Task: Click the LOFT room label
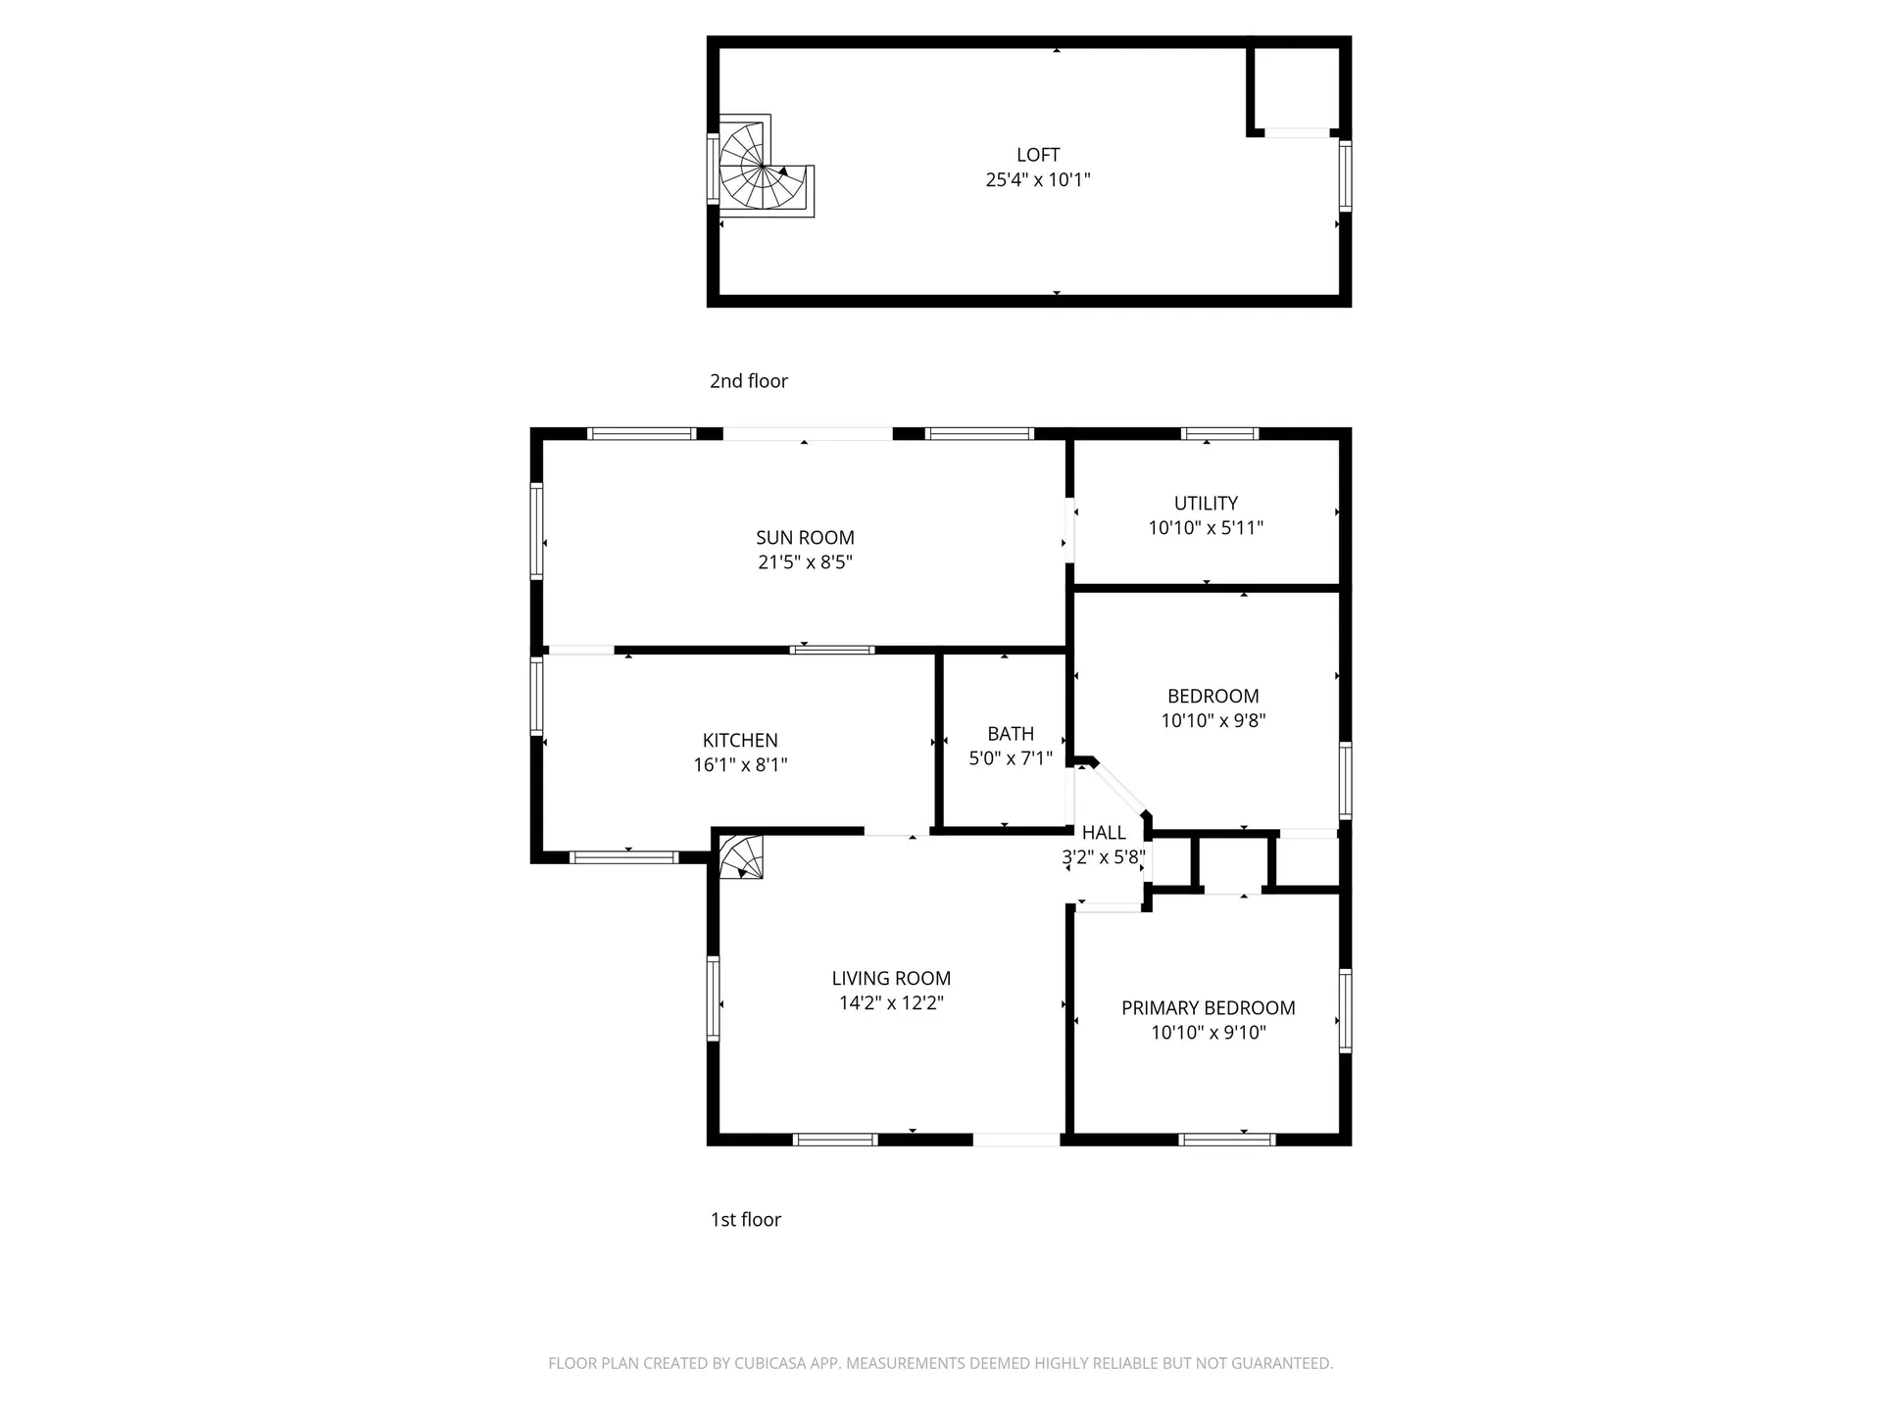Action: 1038,155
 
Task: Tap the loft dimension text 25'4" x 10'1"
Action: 1038,179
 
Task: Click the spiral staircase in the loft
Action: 766,168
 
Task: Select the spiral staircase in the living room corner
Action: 741,856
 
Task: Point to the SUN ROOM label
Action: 805,538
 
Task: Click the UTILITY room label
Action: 1206,503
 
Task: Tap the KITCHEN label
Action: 740,741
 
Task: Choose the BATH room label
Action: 1011,734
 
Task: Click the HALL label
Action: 1104,833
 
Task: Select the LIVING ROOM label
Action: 891,978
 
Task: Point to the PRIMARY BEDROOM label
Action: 1208,1008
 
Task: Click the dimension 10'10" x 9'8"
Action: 1213,721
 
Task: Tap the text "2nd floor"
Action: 749,381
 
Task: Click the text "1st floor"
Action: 746,1220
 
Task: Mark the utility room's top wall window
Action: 1219,433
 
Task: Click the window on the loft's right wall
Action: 1345,175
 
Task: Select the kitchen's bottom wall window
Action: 623,857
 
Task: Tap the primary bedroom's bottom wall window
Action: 1226,1140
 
